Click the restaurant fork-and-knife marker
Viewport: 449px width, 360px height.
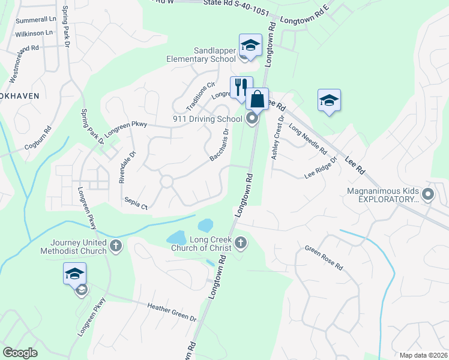pyautogui.click(x=241, y=86)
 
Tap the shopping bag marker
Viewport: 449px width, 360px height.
pyautogui.click(x=257, y=99)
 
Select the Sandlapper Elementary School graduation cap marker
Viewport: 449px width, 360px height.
pyautogui.click(x=250, y=45)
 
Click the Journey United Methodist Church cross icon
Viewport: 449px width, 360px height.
pyautogui.click(x=115, y=245)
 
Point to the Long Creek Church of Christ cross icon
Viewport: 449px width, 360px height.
pyautogui.click(x=241, y=242)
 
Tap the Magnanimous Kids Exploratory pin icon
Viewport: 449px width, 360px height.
pyautogui.click(x=428, y=194)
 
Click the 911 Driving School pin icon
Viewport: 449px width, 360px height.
pyautogui.click(x=252, y=119)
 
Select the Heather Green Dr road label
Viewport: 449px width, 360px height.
pyautogui.click(x=172, y=311)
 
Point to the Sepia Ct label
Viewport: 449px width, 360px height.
pyautogui.click(x=136, y=203)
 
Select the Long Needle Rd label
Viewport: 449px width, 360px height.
pyautogui.click(x=307, y=138)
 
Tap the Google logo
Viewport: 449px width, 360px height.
pyautogui.click(x=20, y=353)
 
